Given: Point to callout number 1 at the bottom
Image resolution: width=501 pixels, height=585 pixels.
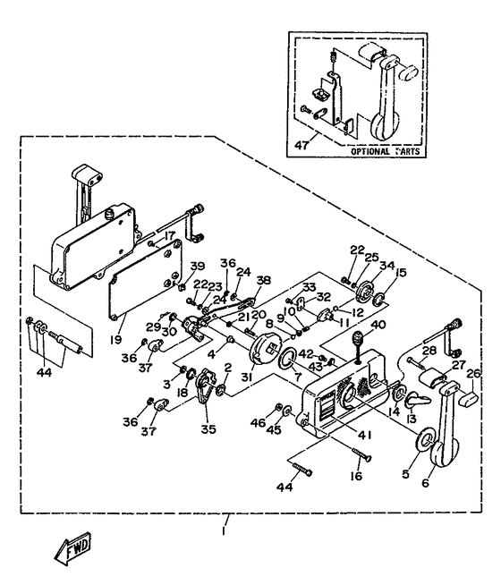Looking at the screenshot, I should click(x=227, y=530).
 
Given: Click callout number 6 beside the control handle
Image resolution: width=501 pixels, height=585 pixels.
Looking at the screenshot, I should click(x=424, y=482).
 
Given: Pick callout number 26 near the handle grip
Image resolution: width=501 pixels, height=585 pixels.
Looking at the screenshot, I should click(x=473, y=374).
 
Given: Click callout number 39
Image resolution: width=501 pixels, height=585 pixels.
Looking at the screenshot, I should click(x=198, y=266).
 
